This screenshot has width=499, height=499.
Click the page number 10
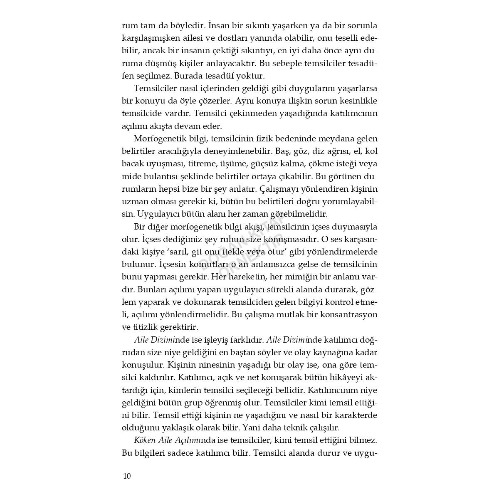click(127, 476)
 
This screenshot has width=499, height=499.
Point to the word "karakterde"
click(356, 415)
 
